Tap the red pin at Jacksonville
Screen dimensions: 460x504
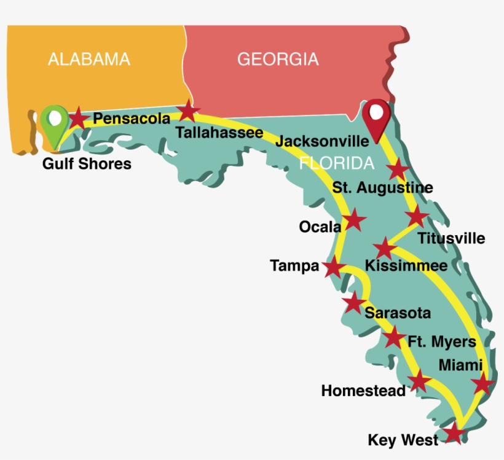[376, 115]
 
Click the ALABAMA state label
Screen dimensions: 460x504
[89, 60]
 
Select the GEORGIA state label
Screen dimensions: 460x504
[278, 60]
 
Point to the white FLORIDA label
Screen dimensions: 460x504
[336, 163]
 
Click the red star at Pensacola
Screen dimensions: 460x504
[77, 118]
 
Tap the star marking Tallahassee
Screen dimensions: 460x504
[188, 112]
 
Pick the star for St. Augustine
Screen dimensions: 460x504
[398, 170]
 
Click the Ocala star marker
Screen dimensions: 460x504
[355, 220]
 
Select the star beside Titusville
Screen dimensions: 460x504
[417, 216]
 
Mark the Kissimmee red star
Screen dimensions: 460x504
[385, 248]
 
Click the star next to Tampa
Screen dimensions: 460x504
[333, 267]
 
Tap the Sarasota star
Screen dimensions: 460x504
[353, 303]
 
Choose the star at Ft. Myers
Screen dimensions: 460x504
[394, 337]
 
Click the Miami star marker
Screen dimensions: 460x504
[482, 384]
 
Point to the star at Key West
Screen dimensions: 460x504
[454, 434]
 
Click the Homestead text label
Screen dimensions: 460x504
[363, 391]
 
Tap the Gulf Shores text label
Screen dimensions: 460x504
[87, 164]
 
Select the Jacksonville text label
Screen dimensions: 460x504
[322, 141]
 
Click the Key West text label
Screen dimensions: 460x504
[403, 440]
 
